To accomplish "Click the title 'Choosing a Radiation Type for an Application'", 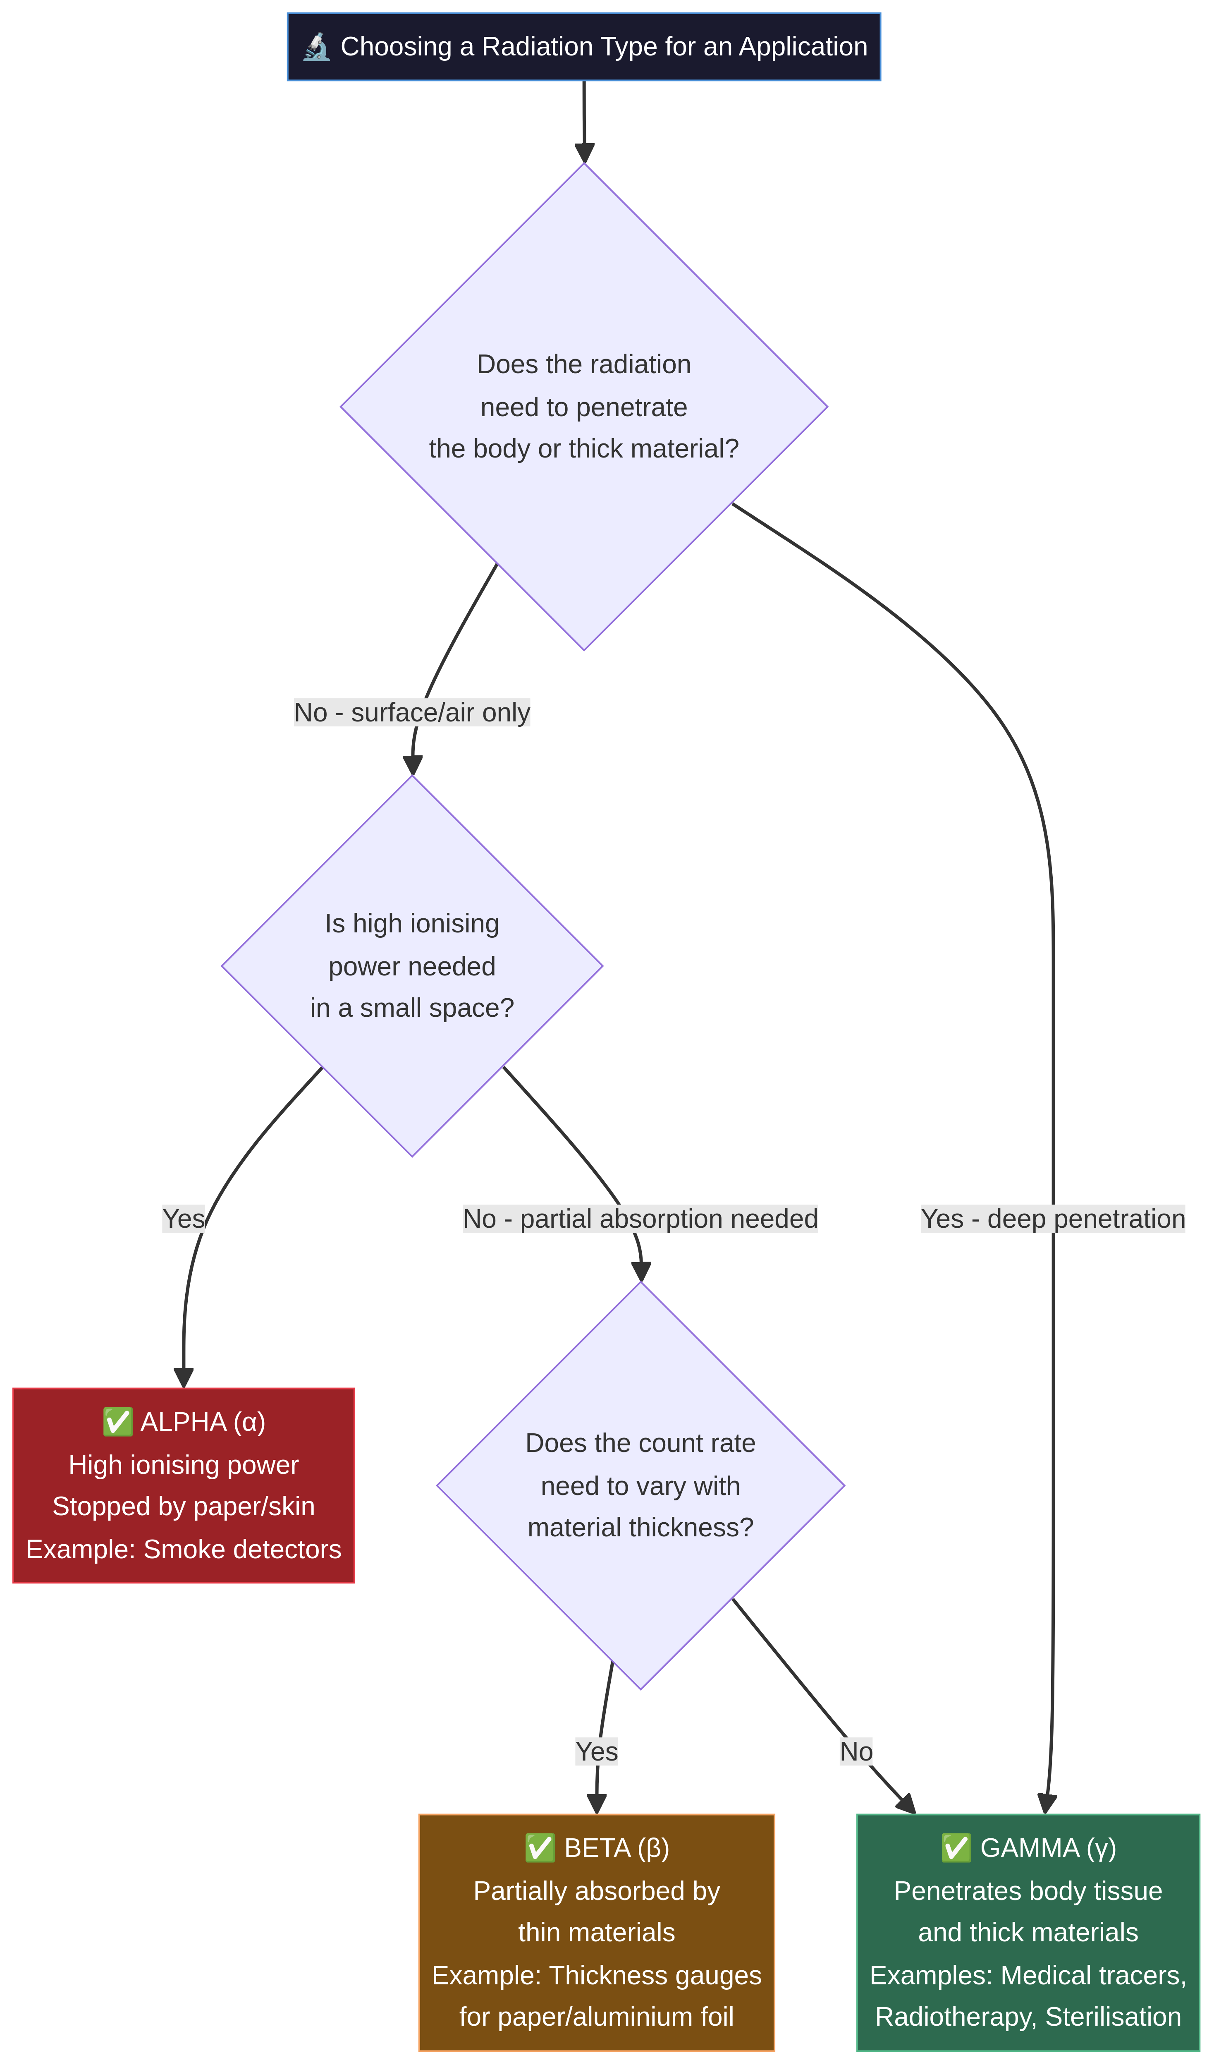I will pos(604,47).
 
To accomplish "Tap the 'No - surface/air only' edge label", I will pos(412,712).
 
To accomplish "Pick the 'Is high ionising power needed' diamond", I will pos(412,965).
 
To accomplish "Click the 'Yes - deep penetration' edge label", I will pos(1053,1219).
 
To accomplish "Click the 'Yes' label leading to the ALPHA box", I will pos(184,1219).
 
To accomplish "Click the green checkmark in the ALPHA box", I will pos(117,1422).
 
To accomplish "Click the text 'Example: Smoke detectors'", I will pos(184,1549).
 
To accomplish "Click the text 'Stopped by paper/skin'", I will pos(184,1506).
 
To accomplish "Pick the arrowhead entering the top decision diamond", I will pos(584,153).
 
